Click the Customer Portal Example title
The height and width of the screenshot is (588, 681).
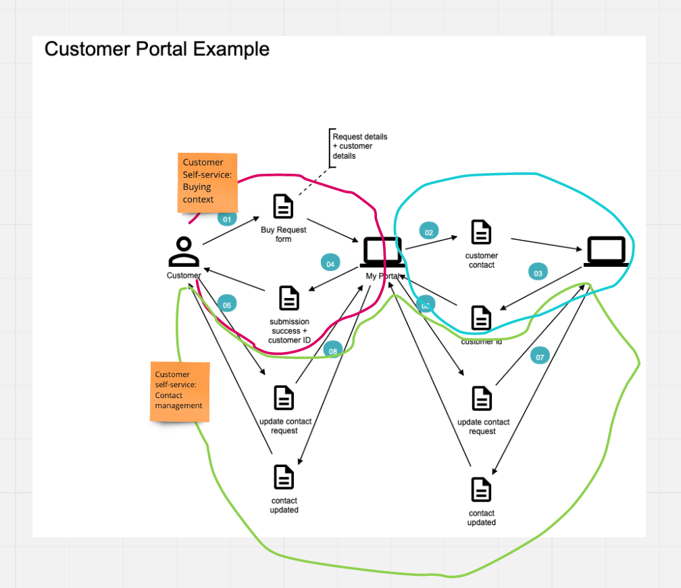(x=157, y=49)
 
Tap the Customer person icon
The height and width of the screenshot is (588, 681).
(x=183, y=251)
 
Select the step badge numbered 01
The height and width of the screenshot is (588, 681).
(x=227, y=219)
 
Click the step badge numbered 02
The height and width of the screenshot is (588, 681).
(x=428, y=232)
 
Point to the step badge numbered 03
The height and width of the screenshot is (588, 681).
(x=538, y=273)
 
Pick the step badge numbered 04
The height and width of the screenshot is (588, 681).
(x=330, y=264)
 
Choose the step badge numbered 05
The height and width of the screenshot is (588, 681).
(x=227, y=305)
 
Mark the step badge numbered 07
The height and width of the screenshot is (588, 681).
(x=540, y=356)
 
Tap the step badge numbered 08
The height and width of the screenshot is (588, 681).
(x=332, y=350)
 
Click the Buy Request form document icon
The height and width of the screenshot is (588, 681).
(x=283, y=207)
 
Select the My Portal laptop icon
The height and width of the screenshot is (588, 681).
(x=381, y=251)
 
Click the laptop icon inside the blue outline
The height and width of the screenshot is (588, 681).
(x=606, y=251)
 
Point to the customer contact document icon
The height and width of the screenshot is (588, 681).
(x=481, y=232)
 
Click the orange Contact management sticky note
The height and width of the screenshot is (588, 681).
(x=179, y=391)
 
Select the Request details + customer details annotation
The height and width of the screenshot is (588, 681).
(x=359, y=146)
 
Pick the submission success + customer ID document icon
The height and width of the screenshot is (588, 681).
(x=289, y=298)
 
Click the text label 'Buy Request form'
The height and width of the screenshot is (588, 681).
(x=284, y=235)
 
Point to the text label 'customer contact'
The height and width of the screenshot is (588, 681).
(x=481, y=260)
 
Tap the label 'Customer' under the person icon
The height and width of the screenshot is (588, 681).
(x=184, y=275)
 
